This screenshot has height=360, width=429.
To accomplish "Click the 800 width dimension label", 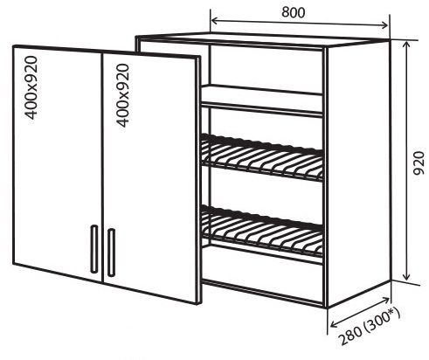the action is [294, 12].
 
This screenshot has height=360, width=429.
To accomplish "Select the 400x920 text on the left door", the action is [31, 87].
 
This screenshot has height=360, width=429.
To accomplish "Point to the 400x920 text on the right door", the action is [122, 95].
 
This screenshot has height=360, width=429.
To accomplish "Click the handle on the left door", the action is [94, 249].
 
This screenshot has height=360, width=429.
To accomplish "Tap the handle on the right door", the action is [111, 253].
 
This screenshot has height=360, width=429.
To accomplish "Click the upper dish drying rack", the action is [262, 157].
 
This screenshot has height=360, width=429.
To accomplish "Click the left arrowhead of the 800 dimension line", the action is [214, 21].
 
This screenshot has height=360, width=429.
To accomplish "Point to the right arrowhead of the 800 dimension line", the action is [384, 25].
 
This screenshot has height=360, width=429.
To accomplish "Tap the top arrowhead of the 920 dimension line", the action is [406, 45].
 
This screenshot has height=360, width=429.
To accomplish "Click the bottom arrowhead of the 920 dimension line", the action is [406, 276].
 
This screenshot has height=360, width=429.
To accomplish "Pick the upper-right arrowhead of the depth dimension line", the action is [385, 300].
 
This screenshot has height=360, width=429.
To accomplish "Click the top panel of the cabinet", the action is [262, 39].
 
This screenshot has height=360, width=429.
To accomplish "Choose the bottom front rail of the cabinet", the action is [262, 294].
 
